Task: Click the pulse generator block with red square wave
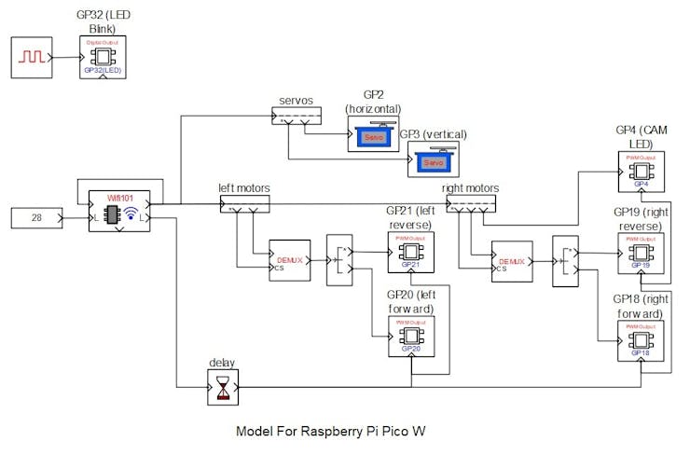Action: pyautogui.click(x=33, y=57)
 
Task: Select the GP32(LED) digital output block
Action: pyautogui.click(x=103, y=58)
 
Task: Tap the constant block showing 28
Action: pyautogui.click(x=36, y=219)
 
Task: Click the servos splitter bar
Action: pyautogui.click(x=296, y=115)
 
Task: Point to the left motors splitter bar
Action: pyautogui.click(x=244, y=202)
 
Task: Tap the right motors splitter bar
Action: pyautogui.click(x=471, y=202)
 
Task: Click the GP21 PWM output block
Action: pyautogui.click(x=411, y=252)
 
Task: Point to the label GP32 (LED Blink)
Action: pyautogui.click(x=103, y=21)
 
